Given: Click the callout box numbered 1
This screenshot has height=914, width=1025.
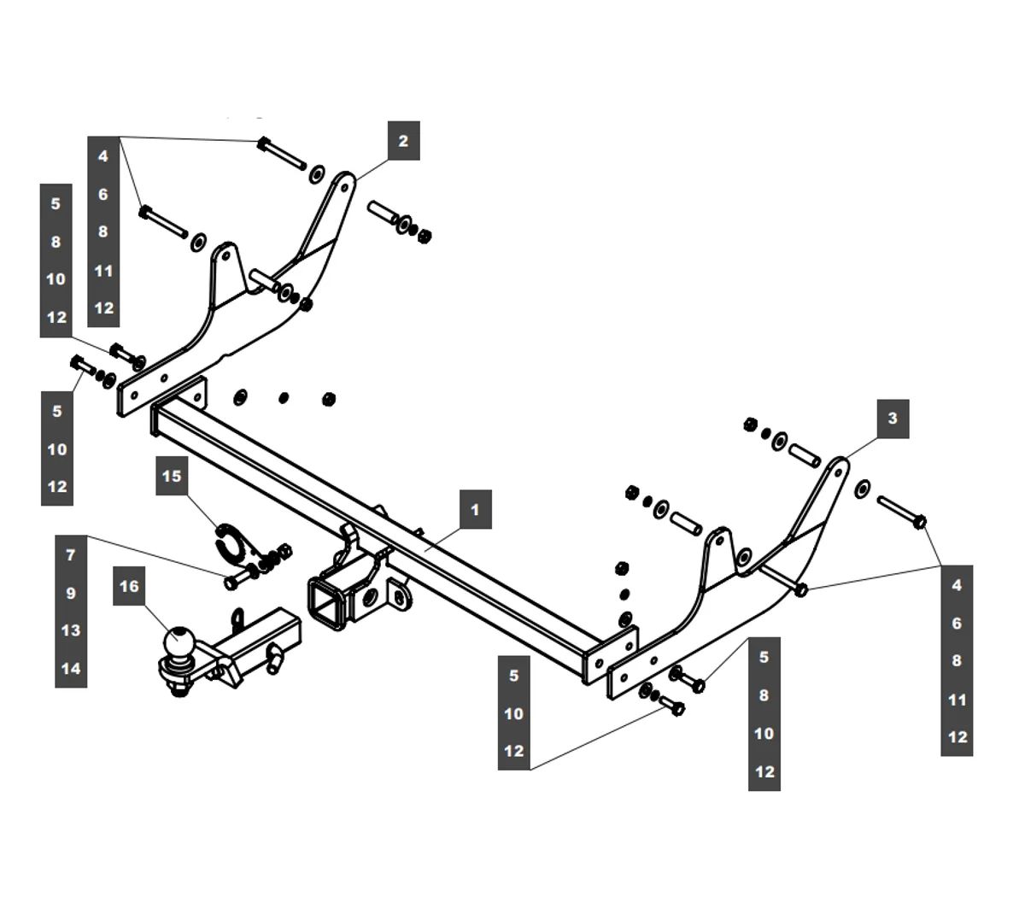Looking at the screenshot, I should (x=476, y=510).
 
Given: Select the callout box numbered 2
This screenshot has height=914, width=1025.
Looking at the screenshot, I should (x=403, y=141).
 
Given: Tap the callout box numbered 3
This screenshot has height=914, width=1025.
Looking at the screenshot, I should (x=893, y=418).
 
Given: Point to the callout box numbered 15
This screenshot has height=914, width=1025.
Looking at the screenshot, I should (x=172, y=476).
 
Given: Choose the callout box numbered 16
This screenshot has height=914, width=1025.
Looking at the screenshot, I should (x=129, y=586).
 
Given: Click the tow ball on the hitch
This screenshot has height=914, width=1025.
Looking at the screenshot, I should (x=181, y=641).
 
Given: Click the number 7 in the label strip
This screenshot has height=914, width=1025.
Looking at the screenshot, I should (x=71, y=555).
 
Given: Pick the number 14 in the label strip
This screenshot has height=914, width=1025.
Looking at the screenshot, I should (x=71, y=668).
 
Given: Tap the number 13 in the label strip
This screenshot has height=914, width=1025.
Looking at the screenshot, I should (x=71, y=630).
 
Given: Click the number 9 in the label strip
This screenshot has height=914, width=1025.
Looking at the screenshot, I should (x=71, y=593).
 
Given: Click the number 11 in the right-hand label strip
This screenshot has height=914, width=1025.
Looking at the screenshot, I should (x=958, y=700).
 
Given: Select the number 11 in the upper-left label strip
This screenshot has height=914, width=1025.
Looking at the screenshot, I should (x=103, y=271).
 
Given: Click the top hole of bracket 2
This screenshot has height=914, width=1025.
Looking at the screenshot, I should (x=347, y=182).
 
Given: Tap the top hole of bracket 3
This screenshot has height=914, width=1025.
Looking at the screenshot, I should (x=839, y=468).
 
